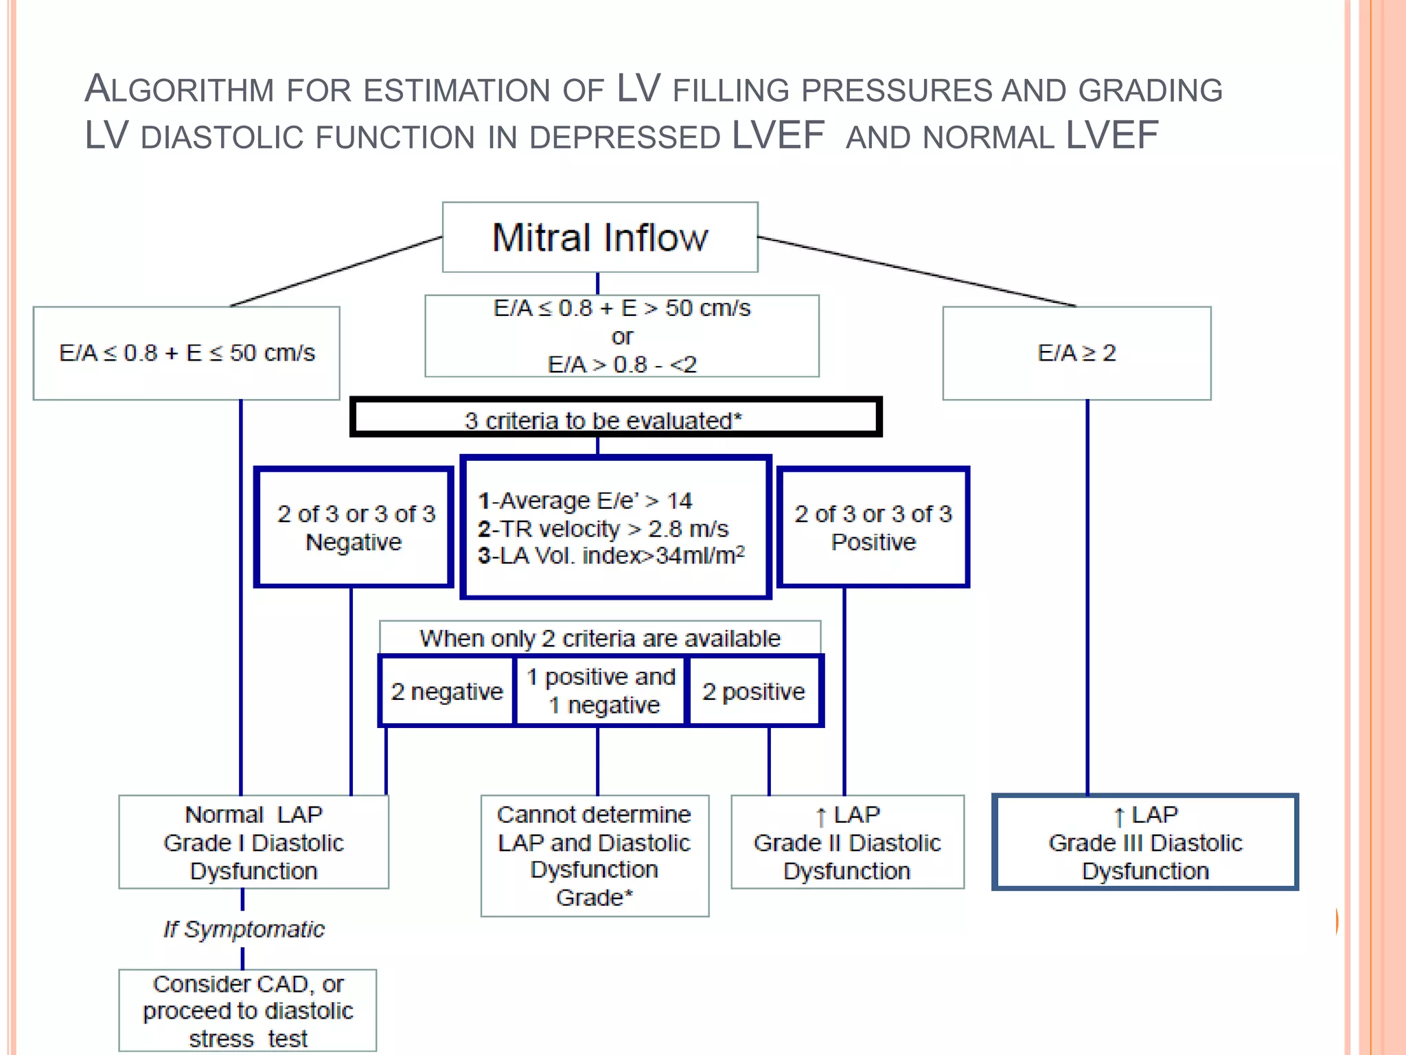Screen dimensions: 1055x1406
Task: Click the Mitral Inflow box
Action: pos(600,238)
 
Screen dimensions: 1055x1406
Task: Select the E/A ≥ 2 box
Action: pos(1076,353)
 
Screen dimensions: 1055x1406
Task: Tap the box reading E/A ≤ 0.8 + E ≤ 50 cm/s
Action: pos(187,353)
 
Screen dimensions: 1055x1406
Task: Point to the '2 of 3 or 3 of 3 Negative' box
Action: pos(354,527)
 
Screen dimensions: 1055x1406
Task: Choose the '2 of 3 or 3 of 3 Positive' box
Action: pos(873,527)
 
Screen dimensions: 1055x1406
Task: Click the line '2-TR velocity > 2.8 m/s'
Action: pos(603,529)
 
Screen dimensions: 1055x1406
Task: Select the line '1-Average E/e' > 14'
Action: pos(585,501)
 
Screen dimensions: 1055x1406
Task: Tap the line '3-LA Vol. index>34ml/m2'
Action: pos(611,556)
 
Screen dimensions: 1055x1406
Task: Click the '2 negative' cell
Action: pos(447,691)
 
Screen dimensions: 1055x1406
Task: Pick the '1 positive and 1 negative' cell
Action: pos(601,691)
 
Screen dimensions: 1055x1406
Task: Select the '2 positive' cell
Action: pos(753,691)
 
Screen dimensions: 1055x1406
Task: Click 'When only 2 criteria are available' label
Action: pos(600,638)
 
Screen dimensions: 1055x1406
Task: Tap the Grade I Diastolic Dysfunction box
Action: pos(253,842)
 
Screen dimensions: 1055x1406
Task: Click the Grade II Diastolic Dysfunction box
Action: pos(847,842)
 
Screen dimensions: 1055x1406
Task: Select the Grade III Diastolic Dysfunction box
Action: pos(1145,842)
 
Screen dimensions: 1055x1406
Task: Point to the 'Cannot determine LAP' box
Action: pos(595,856)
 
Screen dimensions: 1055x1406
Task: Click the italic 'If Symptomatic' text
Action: pos(244,929)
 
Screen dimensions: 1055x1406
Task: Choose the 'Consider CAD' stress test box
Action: pos(248,1010)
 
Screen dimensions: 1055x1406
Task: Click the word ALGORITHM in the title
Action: pos(178,89)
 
